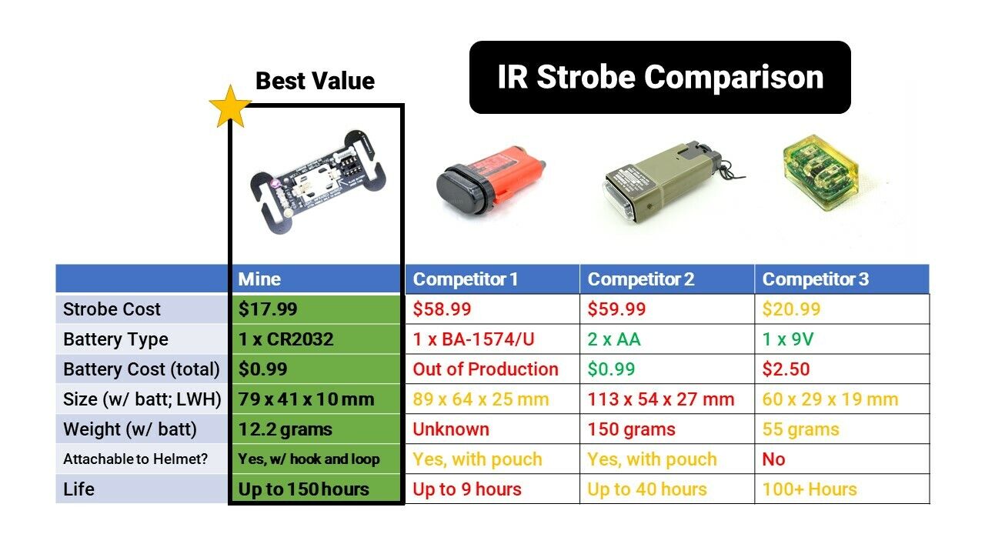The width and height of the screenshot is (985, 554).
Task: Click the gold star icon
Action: pos(230,107)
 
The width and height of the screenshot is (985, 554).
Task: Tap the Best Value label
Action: pos(315,81)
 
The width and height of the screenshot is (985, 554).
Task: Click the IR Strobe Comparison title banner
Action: pos(660,78)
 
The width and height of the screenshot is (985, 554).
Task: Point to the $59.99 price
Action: pos(616,309)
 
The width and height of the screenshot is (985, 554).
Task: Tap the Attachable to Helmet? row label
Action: pos(135,459)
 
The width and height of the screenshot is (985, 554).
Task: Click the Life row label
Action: pos(78,489)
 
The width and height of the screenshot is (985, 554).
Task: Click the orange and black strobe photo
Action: pos(491,180)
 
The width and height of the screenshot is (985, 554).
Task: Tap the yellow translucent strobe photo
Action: pos(820,173)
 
